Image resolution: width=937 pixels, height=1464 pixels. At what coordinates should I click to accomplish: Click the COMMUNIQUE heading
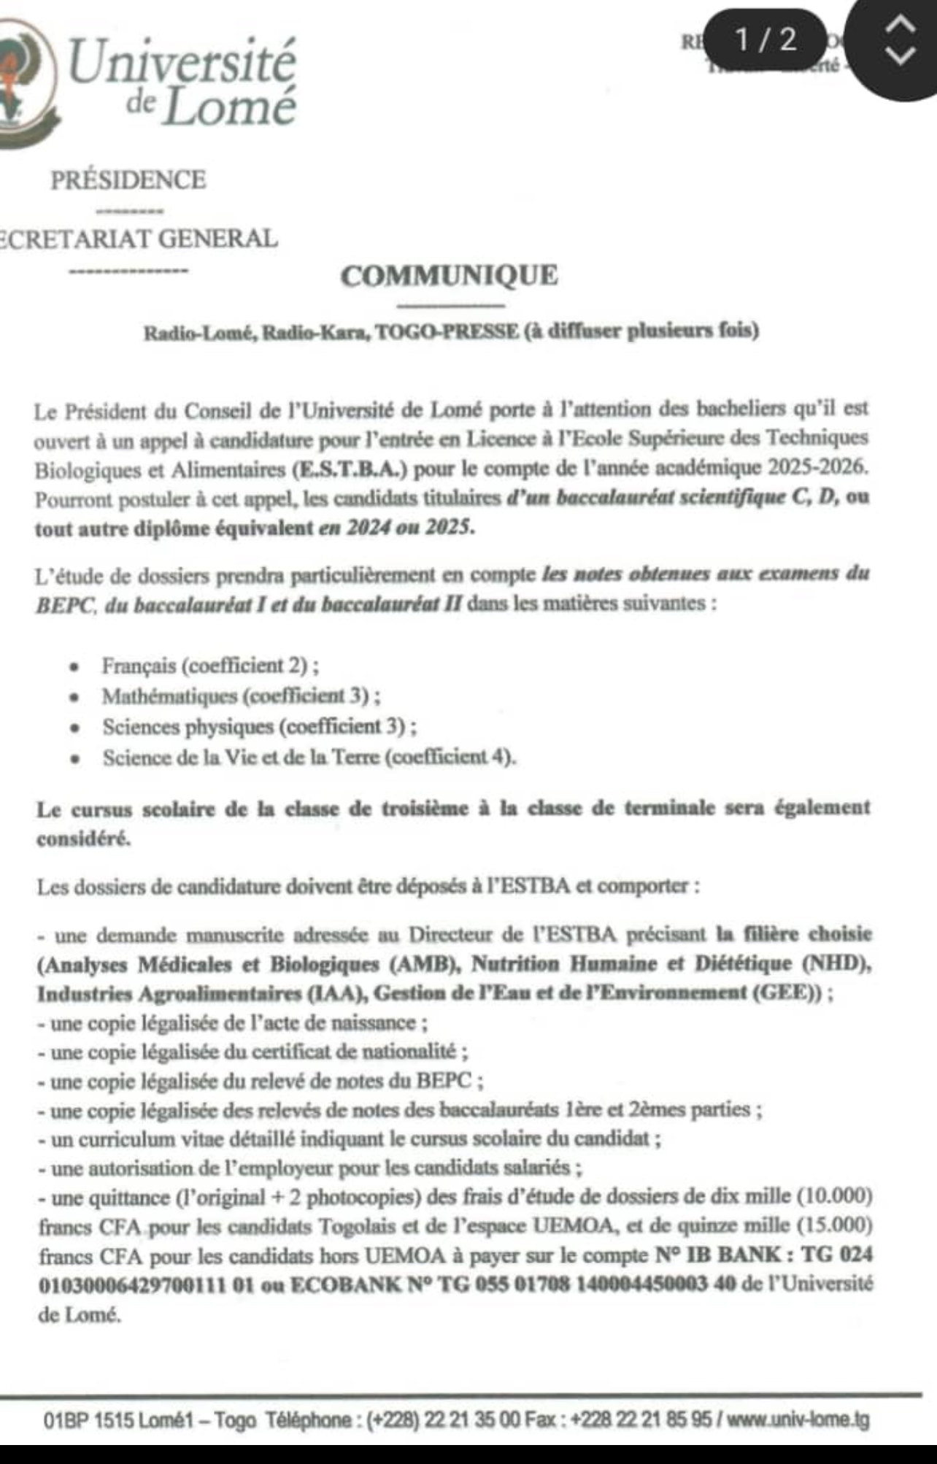pyautogui.click(x=449, y=276)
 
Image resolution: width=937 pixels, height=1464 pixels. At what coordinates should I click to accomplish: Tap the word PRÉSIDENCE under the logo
pyautogui.click(x=128, y=180)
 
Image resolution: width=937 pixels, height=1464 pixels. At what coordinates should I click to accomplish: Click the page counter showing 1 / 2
pyautogui.click(x=766, y=39)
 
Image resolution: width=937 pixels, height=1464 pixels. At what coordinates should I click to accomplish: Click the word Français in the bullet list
pyautogui.click(x=139, y=666)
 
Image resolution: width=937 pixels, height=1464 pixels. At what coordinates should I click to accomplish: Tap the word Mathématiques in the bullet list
pyautogui.click(x=170, y=696)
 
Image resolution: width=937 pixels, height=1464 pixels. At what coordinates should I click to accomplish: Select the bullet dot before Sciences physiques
pyautogui.click(x=74, y=728)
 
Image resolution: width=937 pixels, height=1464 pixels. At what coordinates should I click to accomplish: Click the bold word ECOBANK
pyautogui.click(x=346, y=1284)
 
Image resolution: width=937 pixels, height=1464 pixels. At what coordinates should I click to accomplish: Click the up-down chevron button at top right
pyautogui.click(x=901, y=40)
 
